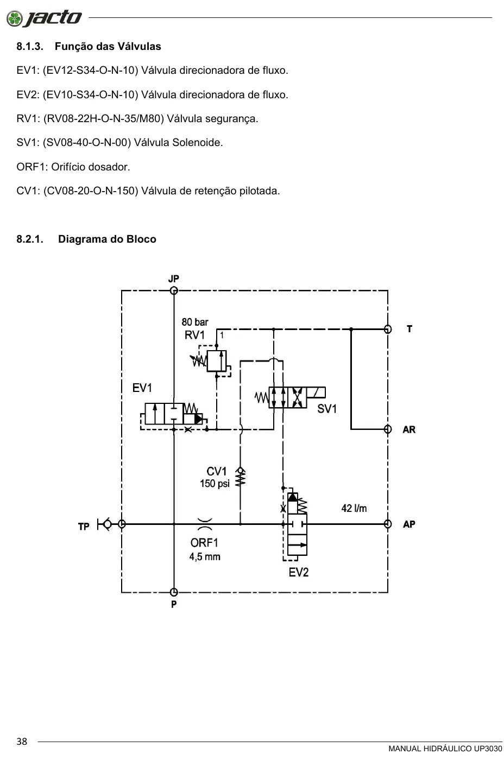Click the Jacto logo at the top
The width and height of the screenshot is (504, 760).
pos(44,18)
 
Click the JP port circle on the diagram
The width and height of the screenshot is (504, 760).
pos(174,290)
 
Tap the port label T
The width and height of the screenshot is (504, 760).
pos(409,329)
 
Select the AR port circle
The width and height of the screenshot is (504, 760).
pos(388,429)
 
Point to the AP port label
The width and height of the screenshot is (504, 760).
pos(409,524)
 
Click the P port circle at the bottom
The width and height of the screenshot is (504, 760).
pos(174,592)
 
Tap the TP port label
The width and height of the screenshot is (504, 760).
pos(84,526)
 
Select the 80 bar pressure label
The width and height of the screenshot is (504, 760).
pos(195,322)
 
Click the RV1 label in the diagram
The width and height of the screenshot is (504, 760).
pos(194,335)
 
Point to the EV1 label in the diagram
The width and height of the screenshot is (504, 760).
pos(142,388)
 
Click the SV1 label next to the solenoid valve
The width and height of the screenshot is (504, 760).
pos(327,409)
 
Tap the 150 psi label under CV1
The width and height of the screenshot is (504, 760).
pos(215,484)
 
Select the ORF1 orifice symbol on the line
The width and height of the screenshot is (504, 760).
pos(205,524)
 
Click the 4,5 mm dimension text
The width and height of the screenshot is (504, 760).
pos(205,557)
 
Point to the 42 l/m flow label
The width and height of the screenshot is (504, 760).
pos(354,508)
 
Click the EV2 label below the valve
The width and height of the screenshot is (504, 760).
pos(299,573)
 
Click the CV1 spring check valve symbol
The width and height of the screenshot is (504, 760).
pos(240,477)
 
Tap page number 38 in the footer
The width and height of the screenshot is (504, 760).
pos(22,742)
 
